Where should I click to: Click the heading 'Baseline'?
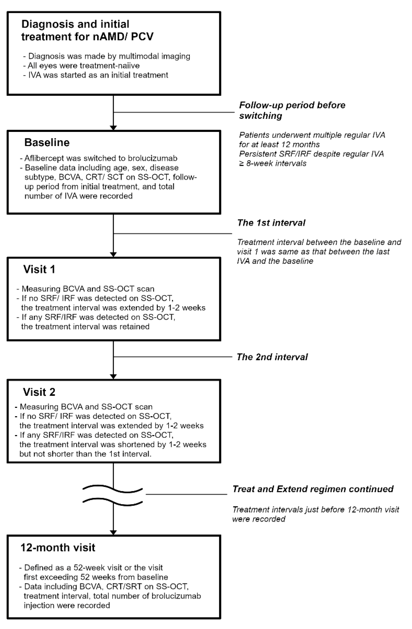tap(47, 143)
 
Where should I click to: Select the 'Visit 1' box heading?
tap(39, 269)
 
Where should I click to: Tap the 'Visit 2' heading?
tap(39, 392)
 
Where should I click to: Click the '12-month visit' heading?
tap(58, 547)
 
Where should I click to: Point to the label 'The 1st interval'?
tap(271, 223)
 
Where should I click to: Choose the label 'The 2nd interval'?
tap(273, 357)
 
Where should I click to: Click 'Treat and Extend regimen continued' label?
tap(313, 489)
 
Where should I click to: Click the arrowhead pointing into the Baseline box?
tap(113, 128)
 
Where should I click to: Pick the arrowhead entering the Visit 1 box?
tap(113, 254)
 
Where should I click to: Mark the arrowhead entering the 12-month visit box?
tap(113, 532)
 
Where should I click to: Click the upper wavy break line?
tap(113, 489)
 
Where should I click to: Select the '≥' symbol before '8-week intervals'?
tap(242, 163)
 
